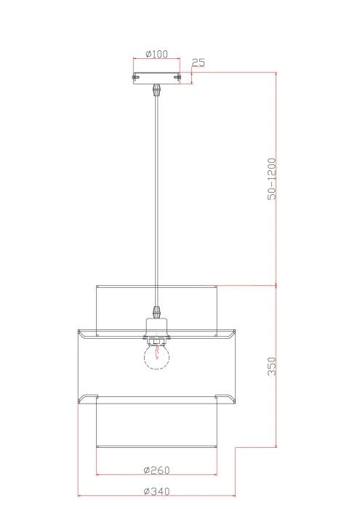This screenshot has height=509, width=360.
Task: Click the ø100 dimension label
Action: pos(157,54)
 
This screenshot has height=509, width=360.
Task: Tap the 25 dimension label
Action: pos(199,63)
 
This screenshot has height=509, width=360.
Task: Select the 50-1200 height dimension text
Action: pos(272,179)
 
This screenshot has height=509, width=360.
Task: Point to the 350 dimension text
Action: pos(272,366)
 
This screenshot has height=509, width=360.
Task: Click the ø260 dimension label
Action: pos(157,470)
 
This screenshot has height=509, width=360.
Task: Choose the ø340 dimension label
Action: pos(157,491)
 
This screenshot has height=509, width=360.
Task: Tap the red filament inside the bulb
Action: pos(157,352)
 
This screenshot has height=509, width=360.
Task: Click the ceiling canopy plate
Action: pos(156,78)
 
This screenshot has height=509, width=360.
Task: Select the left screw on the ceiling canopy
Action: pos(135,77)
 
